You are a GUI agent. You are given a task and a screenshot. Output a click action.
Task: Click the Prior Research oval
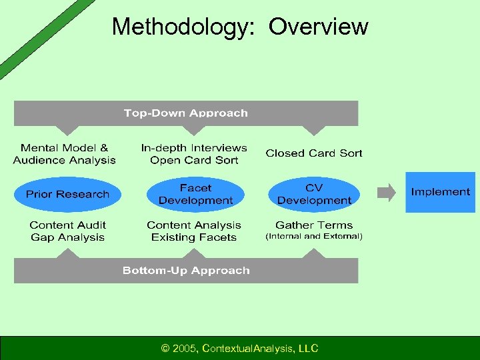pyautogui.click(x=67, y=194)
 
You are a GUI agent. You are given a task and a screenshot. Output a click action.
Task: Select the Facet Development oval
pyautogui.click(x=195, y=194)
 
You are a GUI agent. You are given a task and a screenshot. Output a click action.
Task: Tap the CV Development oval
pyautogui.click(x=314, y=194)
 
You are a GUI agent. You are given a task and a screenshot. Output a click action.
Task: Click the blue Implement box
pyautogui.click(x=440, y=192)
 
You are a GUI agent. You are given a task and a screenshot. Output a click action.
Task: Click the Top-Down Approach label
pyautogui.click(x=185, y=113)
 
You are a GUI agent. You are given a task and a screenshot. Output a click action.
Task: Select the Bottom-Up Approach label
pyautogui.click(x=185, y=271)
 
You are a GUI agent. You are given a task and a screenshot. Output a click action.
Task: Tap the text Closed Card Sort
pyautogui.click(x=313, y=153)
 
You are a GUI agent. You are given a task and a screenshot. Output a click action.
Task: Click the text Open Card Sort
pyautogui.click(x=194, y=160)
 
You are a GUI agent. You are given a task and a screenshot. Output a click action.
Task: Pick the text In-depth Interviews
pyautogui.click(x=194, y=148)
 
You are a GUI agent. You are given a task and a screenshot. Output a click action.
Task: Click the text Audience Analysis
pyautogui.click(x=64, y=160)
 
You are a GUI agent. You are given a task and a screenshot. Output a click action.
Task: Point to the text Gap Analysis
pyautogui.click(x=67, y=237)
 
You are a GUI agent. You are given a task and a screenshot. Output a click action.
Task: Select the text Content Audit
pyautogui.click(x=67, y=225)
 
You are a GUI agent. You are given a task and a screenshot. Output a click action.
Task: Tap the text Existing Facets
pyautogui.click(x=194, y=237)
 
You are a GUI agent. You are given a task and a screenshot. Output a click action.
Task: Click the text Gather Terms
pyautogui.click(x=314, y=225)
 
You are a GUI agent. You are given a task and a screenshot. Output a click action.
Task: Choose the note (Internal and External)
pyautogui.click(x=314, y=237)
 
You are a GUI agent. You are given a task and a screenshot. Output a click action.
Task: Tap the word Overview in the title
pyautogui.click(x=318, y=27)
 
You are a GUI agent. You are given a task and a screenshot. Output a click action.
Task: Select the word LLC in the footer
pyautogui.click(x=308, y=348)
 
